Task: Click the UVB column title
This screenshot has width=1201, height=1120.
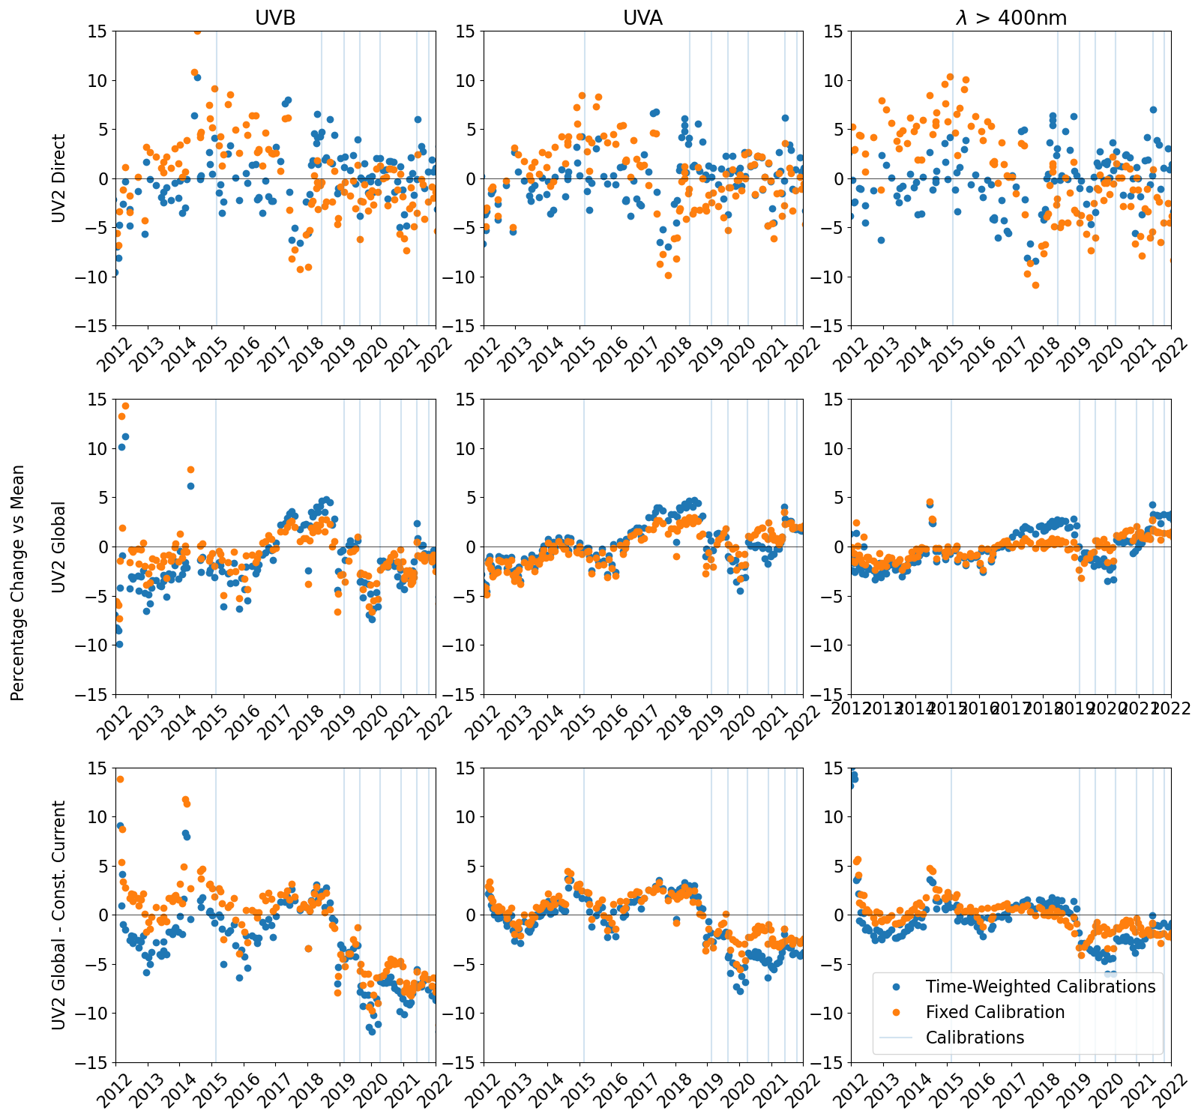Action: point(275,18)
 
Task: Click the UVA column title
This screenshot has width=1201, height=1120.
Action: point(642,18)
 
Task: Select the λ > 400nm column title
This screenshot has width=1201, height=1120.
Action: point(1011,18)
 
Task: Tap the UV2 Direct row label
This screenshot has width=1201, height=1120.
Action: point(59,178)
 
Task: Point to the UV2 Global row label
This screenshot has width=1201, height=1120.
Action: point(59,547)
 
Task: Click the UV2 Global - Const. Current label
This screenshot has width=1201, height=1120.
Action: point(59,915)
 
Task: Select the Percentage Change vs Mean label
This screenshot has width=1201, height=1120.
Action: point(18,582)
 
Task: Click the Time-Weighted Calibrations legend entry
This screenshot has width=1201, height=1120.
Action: point(1040,987)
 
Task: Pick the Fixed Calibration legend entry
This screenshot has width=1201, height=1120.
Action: point(995,1012)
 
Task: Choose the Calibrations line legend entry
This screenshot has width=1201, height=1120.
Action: point(975,1038)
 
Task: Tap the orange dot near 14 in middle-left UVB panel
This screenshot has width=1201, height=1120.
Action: point(125,406)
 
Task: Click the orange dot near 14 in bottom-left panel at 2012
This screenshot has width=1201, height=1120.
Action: point(120,779)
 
